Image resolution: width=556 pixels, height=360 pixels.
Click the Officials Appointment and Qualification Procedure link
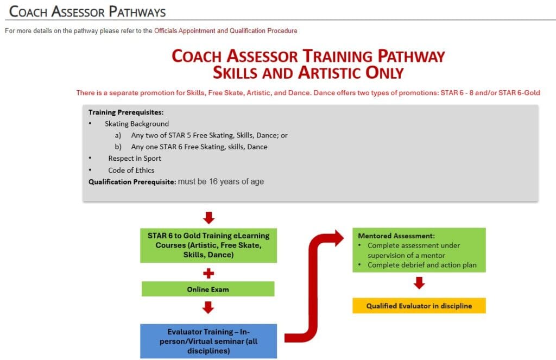(225, 31)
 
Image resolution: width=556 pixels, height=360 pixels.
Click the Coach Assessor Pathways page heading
(88, 11)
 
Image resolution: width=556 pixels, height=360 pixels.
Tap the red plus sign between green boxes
(208, 273)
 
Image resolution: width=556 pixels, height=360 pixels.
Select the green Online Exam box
(208, 289)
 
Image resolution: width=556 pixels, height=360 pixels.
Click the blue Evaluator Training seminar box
(208, 341)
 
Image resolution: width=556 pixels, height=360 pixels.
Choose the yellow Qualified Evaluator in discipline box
(419, 306)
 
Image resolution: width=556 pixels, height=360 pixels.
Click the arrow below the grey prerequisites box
(208, 218)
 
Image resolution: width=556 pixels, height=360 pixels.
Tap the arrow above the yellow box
(419, 283)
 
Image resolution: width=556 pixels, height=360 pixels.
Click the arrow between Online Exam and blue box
(208, 308)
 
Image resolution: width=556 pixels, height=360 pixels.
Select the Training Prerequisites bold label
(126, 112)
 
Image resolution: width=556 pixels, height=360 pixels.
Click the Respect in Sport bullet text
(135, 158)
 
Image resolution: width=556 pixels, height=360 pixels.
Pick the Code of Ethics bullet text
(131, 170)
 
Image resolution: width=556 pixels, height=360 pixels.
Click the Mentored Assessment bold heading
(389, 236)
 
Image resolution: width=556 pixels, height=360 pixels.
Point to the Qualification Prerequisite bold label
(132, 182)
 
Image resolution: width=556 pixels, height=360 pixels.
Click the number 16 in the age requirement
(213, 181)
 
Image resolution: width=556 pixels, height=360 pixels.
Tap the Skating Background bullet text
(137, 124)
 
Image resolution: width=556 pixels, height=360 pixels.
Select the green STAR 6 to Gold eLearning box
(208, 245)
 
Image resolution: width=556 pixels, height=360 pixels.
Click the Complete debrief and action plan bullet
(422, 265)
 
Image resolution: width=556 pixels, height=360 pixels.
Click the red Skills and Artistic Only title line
(308, 72)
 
